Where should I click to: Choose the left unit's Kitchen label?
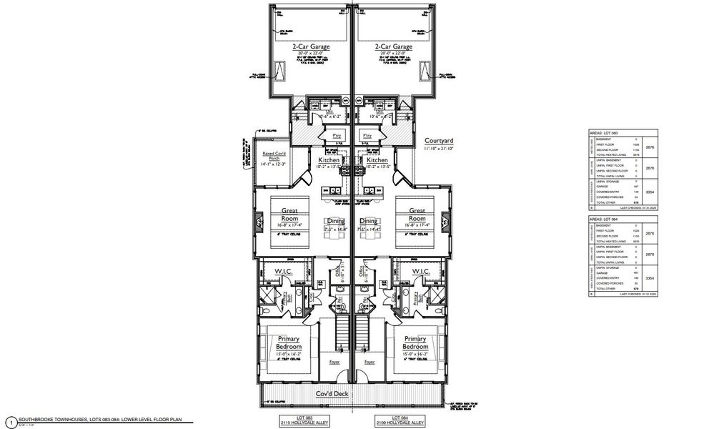(x=329, y=161)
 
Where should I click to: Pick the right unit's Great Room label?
(x=418, y=214)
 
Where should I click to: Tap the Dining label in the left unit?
(x=336, y=222)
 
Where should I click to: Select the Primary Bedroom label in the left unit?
(x=289, y=342)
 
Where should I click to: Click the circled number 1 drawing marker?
(x=9, y=421)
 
